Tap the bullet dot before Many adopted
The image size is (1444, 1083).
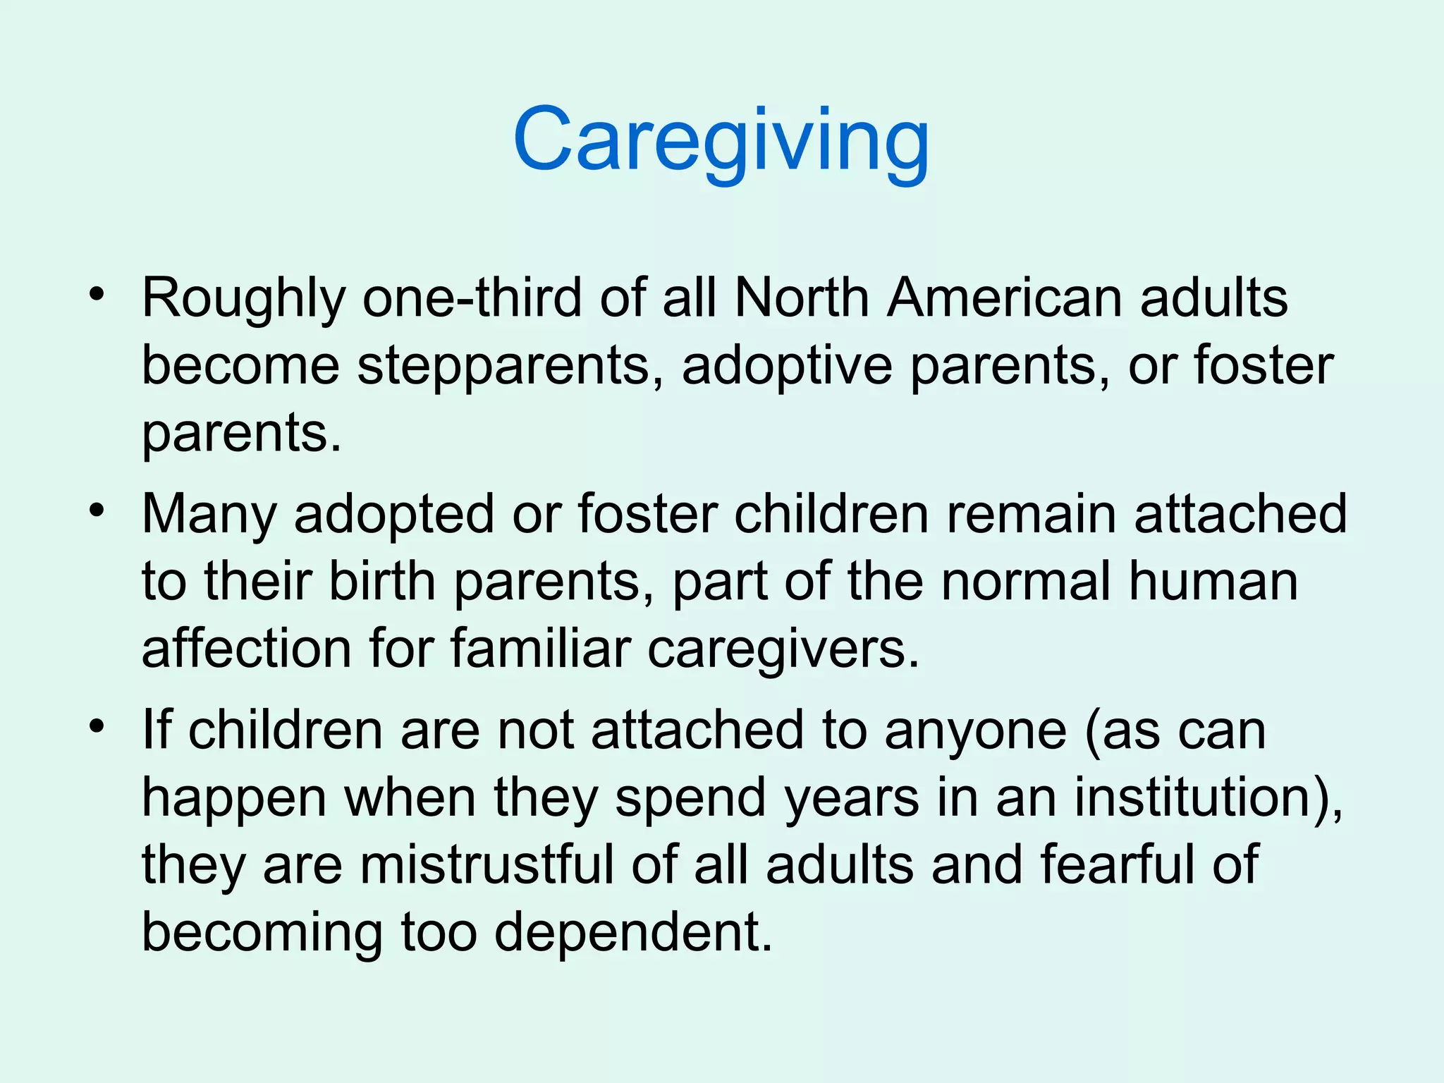point(97,508)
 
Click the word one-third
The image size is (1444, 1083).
point(472,298)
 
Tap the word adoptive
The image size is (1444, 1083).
point(787,367)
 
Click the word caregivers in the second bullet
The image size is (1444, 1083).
point(783,650)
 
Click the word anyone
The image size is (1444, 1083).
point(976,730)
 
